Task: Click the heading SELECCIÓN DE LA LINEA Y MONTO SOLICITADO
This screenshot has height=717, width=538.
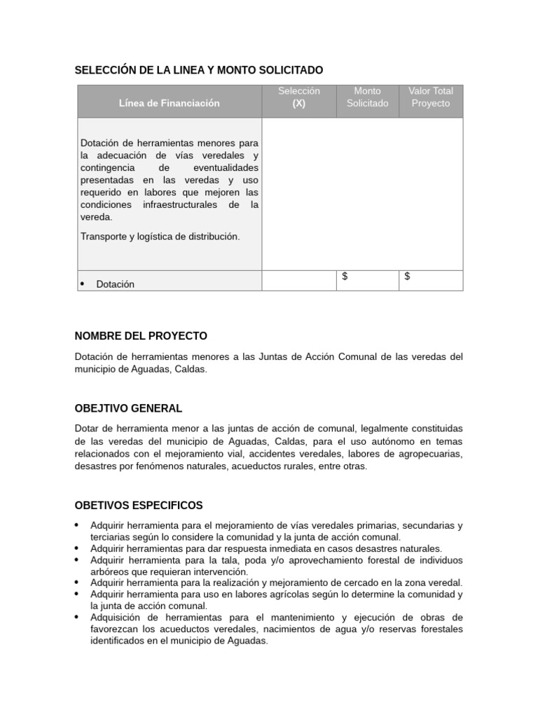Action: pos(199,70)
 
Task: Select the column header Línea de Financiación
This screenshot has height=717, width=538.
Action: pos(169,103)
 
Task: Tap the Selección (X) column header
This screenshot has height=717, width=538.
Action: pos(298,97)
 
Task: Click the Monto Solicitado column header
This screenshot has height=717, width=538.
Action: pos(367,97)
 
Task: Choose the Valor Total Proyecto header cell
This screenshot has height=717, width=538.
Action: pos(431,97)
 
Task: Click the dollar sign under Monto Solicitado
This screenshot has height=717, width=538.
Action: pos(345,277)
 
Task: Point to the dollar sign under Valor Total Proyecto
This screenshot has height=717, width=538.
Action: pos(408,277)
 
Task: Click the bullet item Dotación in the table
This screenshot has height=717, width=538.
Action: pos(115,284)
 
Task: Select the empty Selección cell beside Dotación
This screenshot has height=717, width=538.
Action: pos(298,280)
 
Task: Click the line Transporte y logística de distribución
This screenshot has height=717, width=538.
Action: pos(160,237)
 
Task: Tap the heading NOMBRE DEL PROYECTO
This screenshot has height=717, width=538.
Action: pos(141,336)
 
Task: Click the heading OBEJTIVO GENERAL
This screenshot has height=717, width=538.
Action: pos(128,408)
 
